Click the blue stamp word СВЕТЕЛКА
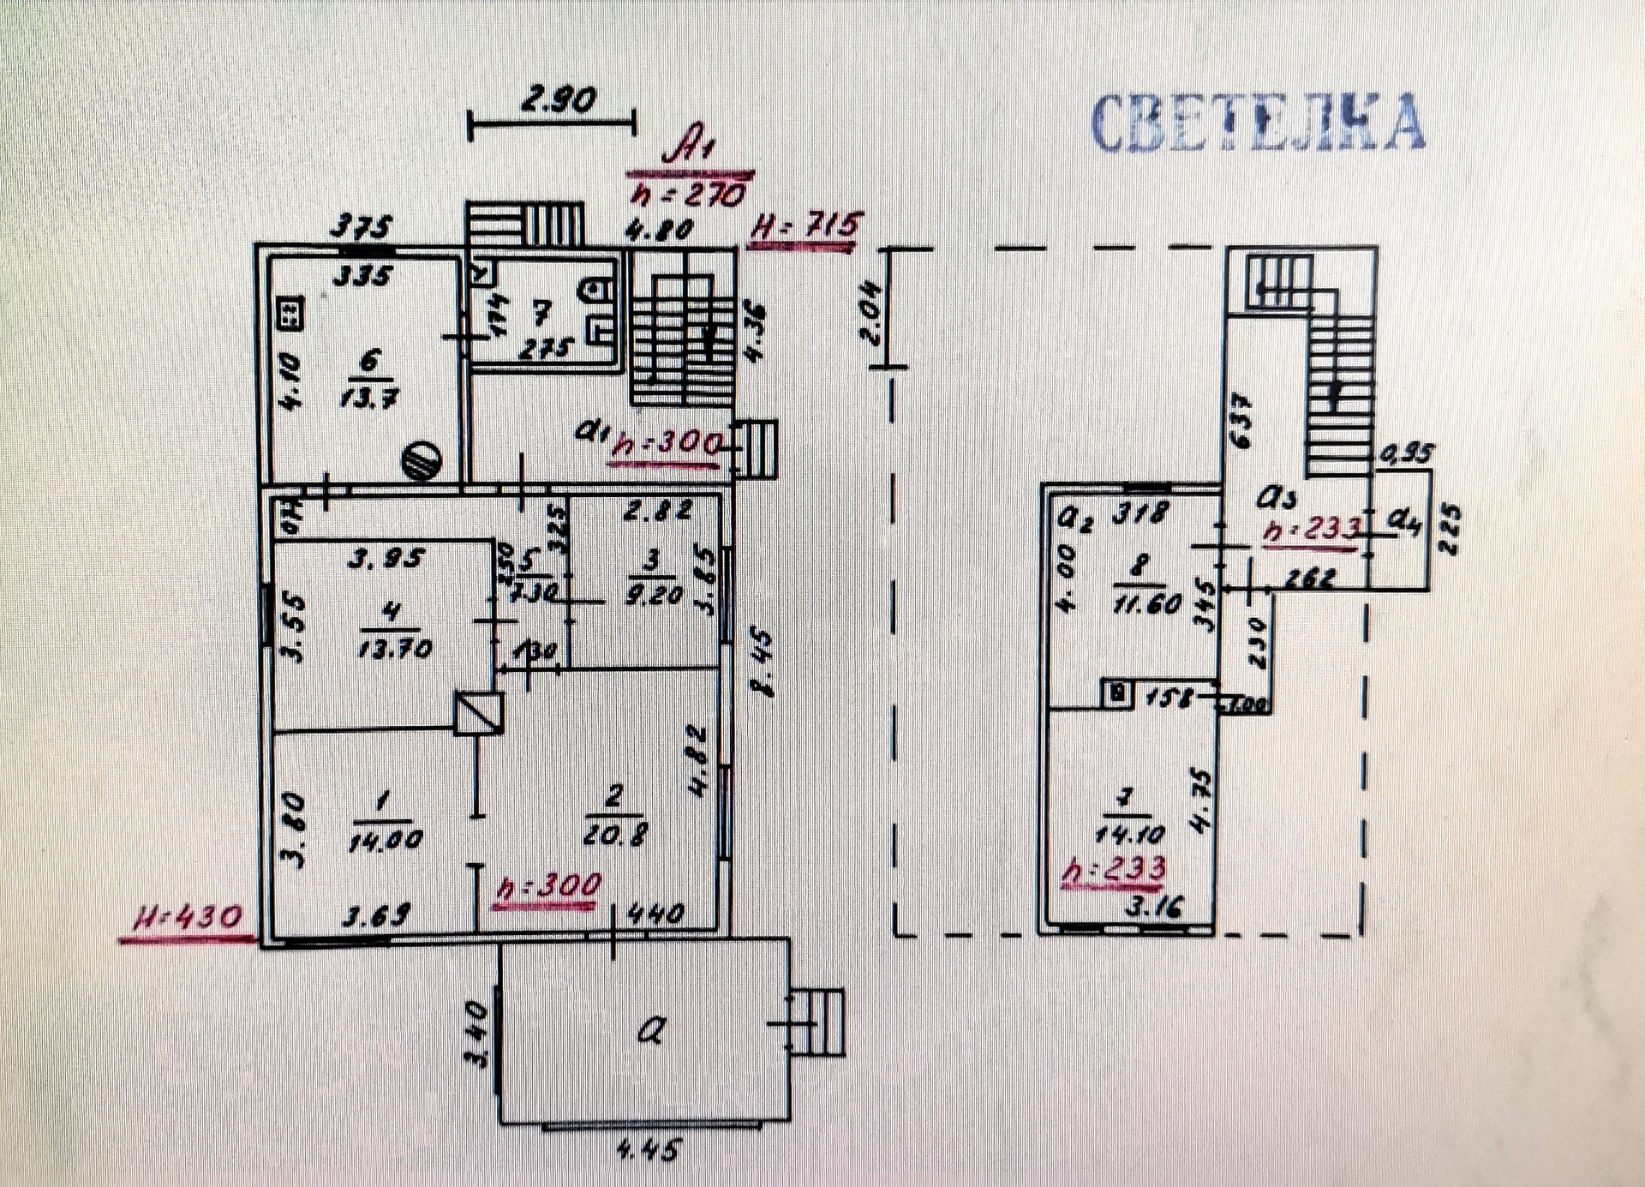tap(1258, 123)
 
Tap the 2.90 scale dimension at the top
tap(559, 100)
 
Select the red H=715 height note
tap(802, 229)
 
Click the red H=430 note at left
tap(188, 919)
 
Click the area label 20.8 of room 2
tap(613, 833)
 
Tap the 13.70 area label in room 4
tap(394, 648)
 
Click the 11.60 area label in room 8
tap(1147, 603)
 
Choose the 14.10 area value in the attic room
tap(1129, 833)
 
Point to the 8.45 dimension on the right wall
tap(761, 663)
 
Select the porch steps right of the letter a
tap(817, 1022)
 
